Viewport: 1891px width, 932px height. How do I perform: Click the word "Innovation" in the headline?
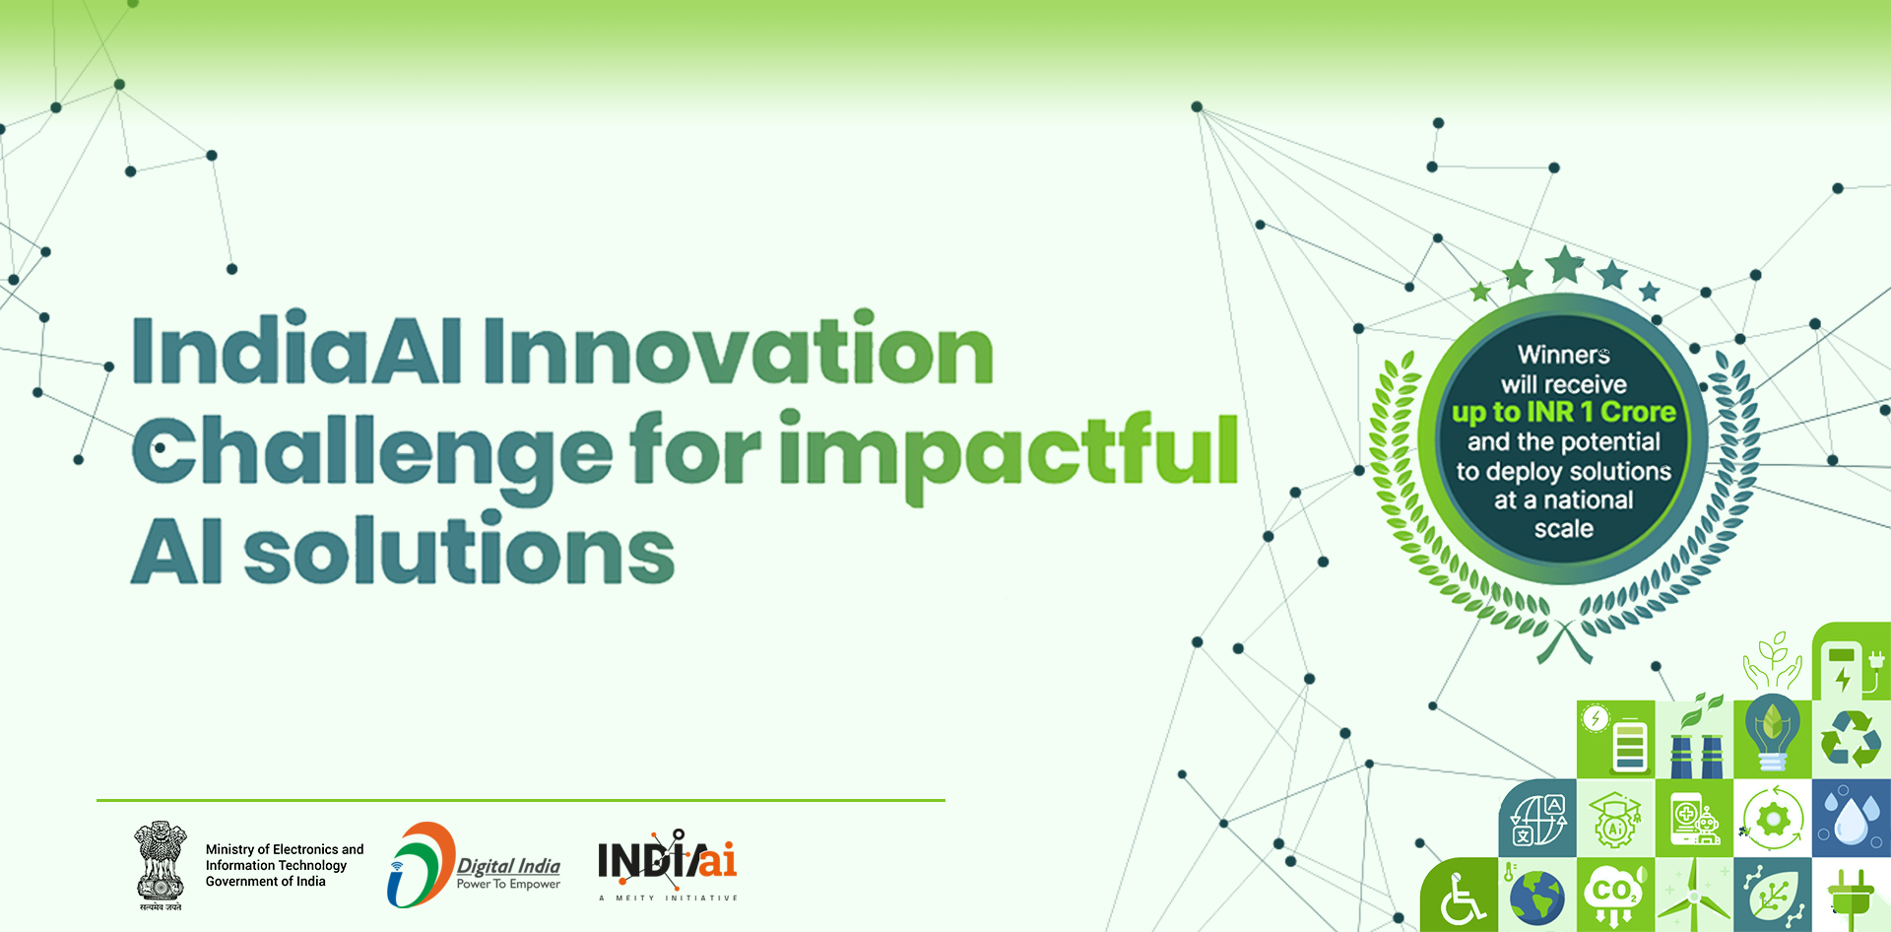pos(739,352)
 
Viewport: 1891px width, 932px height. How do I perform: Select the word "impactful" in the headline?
pos(1009,453)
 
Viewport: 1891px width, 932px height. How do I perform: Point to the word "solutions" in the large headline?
pos(459,552)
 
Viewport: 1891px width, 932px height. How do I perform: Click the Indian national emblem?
pos(161,863)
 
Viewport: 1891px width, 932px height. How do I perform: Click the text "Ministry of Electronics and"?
pos(285,849)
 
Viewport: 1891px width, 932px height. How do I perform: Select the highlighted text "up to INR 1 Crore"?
pos(1563,412)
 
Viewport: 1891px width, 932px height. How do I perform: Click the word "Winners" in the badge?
pos(1563,355)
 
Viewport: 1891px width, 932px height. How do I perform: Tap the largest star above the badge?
pos(1564,265)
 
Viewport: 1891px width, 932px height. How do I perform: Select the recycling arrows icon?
pos(1851,739)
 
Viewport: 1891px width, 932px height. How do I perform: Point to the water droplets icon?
pos(1851,818)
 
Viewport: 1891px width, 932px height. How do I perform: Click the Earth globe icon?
pos(1536,897)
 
